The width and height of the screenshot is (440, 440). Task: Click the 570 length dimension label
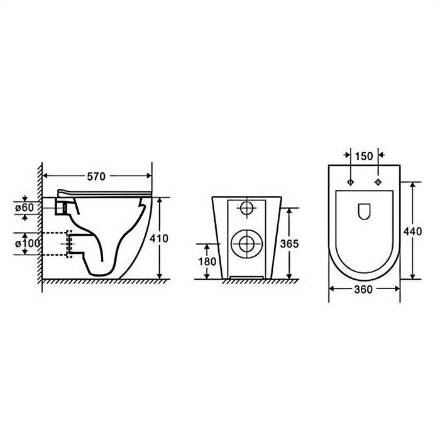[x=96, y=177]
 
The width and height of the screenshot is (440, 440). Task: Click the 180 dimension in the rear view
[x=209, y=261]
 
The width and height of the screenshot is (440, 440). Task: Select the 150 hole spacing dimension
[x=364, y=156]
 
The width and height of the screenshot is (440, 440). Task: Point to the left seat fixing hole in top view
[x=350, y=182]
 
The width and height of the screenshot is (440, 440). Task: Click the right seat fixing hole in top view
[x=378, y=182]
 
